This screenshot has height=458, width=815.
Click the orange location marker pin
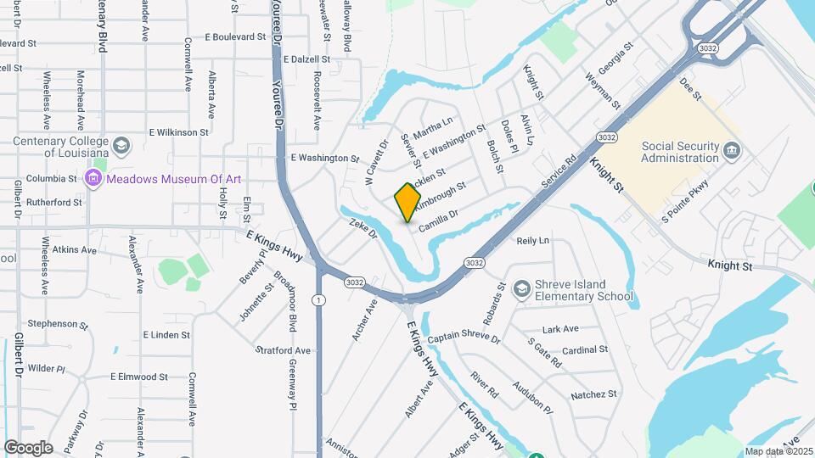click(408, 202)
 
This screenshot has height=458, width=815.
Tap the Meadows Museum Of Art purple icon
click(93, 178)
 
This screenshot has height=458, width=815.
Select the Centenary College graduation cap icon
click(122, 144)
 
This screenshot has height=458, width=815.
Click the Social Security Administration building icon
click(733, 151)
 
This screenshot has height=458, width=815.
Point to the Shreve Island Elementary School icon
click(521, 290)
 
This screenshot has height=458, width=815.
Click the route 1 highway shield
click(318, 299)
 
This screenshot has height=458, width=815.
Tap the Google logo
click(27, 447)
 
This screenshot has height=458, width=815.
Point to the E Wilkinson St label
click(178, 132)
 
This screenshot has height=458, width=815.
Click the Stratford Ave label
click(283, 350)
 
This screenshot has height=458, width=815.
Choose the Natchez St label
click(593, 394)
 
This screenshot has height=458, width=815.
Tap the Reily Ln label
click(533, 241)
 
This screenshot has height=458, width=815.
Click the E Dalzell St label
click(306, 59)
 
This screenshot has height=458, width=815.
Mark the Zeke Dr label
click(363, 230)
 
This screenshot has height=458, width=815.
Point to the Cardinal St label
click(585, 349)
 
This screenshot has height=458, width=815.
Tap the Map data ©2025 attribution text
click(779, 451)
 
